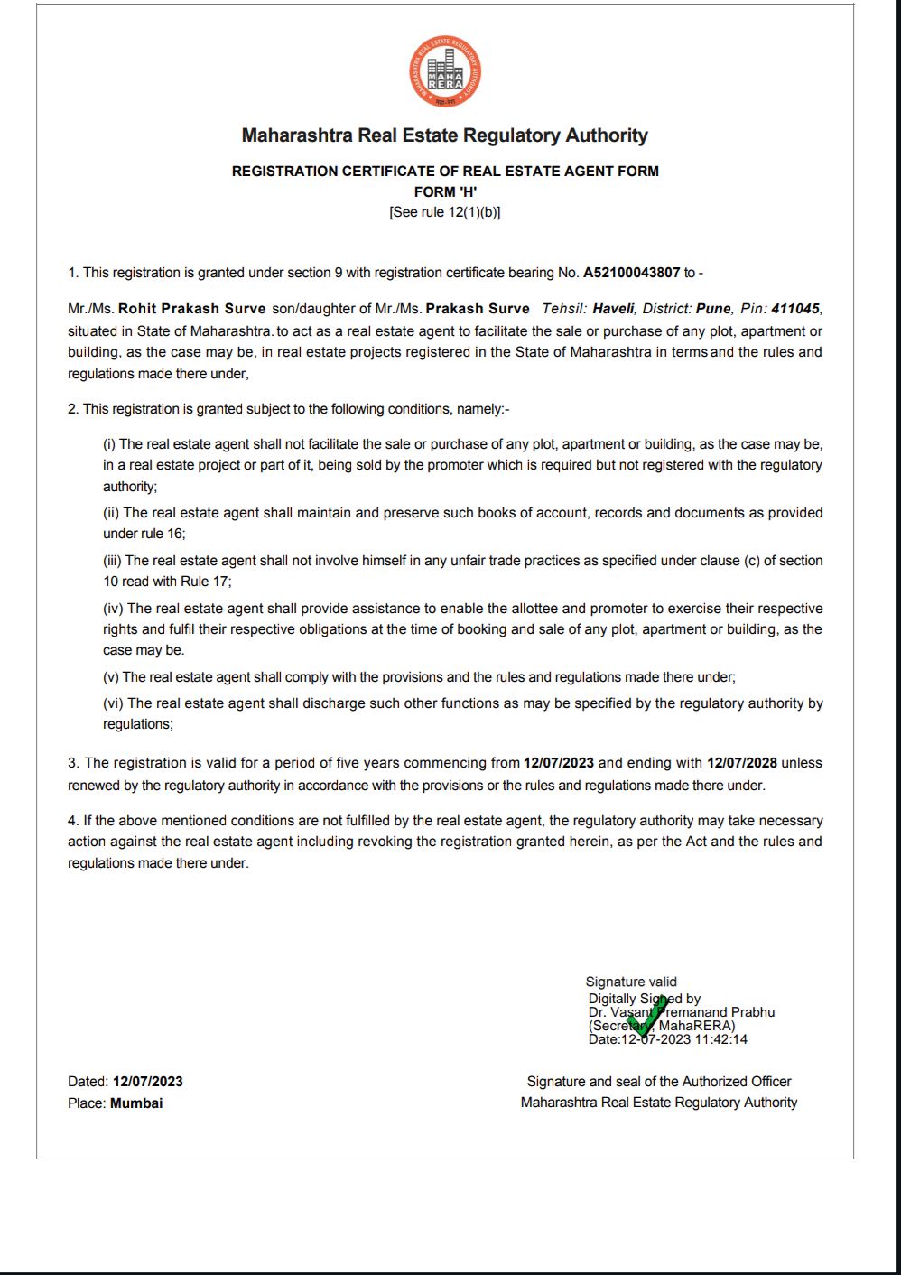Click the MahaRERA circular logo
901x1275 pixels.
[x=445, y=71]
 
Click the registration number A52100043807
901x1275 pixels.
[x=631, y=273]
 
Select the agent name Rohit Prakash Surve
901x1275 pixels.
[x=192, y=309]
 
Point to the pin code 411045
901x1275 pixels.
[x=795, y=309]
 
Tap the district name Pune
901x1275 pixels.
[x=713, y=309]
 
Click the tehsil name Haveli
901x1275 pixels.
[x=614, y=309]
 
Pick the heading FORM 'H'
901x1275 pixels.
[x=445, y=192]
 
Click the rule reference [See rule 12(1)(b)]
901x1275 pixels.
[x=445, y=212]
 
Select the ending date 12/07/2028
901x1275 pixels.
[x=741, y=763]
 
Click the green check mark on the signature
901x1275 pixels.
[x=647, y=1015]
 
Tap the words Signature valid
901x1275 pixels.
[x=631, y=982]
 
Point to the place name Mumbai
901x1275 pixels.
[x=136, y=1103]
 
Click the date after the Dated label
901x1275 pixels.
[x=148, y=1082]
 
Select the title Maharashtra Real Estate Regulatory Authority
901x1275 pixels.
[x=445, y=135]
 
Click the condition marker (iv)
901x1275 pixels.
[x=113, y=609]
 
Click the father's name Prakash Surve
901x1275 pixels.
[x=478, y=309]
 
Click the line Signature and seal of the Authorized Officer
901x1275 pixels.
[x=659, y=1082]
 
